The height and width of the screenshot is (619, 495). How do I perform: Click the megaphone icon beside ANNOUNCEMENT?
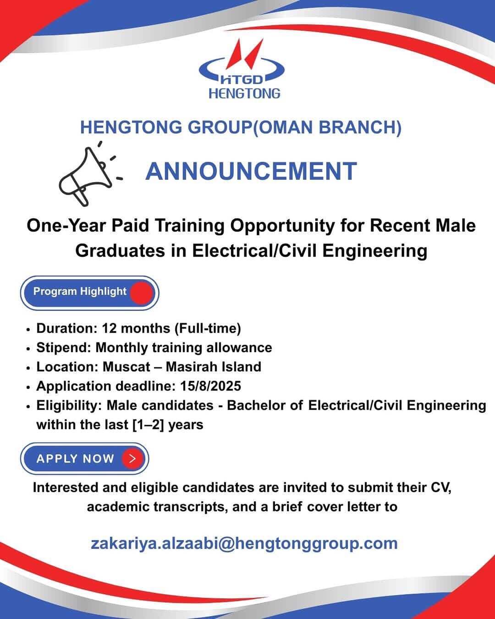(86, 176)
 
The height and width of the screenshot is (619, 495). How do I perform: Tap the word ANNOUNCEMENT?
(251, 171)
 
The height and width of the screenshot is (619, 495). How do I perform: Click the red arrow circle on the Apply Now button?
(132, 459)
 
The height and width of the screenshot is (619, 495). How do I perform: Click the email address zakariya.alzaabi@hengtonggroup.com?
(244, 543)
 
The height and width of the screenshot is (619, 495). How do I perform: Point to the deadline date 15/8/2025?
(210, 386)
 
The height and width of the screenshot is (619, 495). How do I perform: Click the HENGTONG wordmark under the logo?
(244, 94)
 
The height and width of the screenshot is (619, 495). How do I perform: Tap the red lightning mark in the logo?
(244, 54)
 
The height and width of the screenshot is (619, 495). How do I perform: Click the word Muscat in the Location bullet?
(126, 367)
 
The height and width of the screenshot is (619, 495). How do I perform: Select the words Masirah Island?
(214, 367)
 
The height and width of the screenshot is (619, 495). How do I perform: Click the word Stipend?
(64, 348)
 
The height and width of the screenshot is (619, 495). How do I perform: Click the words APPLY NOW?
(75, 459)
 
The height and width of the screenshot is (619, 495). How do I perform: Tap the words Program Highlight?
(80, 291)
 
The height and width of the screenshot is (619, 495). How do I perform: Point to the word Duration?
(67, 328)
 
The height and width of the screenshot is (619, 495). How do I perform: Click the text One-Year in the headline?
(66, 226)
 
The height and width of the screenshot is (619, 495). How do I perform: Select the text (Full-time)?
(208, 328)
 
